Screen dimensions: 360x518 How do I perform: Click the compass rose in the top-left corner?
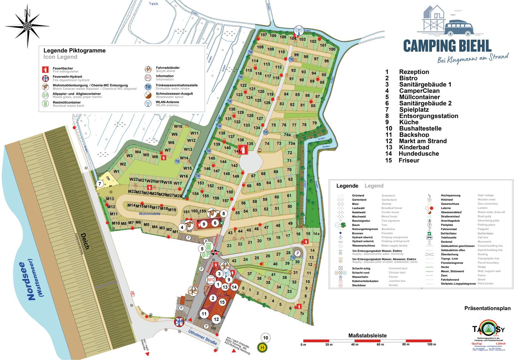[27, 26]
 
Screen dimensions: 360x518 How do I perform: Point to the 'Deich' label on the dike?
[84, 241]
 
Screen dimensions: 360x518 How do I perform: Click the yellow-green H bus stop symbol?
[262, 347]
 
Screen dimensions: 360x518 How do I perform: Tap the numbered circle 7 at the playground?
[100, 184]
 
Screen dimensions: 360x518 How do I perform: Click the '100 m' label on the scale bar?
[431, 344]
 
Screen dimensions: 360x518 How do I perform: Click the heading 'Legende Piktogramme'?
[75, 50]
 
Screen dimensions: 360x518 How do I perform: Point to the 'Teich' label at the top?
[153, 4]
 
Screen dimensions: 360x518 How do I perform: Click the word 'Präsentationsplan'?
[487, 308]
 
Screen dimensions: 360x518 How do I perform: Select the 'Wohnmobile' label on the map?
[149, 214]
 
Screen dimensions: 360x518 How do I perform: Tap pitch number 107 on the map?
[264, 35]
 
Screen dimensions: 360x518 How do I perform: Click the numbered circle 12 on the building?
[216, 319]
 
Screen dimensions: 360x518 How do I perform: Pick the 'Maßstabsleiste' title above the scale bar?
[367, 335]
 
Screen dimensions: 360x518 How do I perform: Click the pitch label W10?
[178, 127]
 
